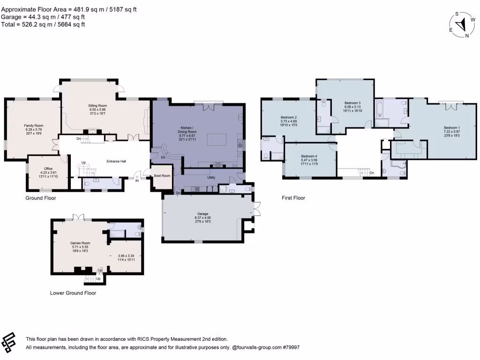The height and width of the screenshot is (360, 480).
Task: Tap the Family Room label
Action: pos(34,126)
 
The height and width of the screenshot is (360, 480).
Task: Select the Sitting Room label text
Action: pos(98,106)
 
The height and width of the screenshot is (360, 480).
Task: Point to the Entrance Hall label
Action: pos(116,161)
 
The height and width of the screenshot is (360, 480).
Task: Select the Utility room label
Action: pos(211,178)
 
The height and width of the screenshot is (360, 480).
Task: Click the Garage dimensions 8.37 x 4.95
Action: pos(203,217)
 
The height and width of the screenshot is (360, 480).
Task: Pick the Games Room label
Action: pos(80,243)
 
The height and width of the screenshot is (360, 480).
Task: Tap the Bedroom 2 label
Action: pos(289,117)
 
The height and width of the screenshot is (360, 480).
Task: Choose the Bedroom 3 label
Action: pos(352,103)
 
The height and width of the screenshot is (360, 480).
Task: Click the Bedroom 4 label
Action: pos(309,156)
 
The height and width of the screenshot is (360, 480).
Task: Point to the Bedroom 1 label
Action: pos(452,127)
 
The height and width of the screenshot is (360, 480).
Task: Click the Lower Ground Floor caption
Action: pos(73,293)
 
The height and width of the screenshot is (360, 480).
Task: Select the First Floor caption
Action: pos(293,198)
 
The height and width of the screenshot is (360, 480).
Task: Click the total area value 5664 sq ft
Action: pos(70,24)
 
